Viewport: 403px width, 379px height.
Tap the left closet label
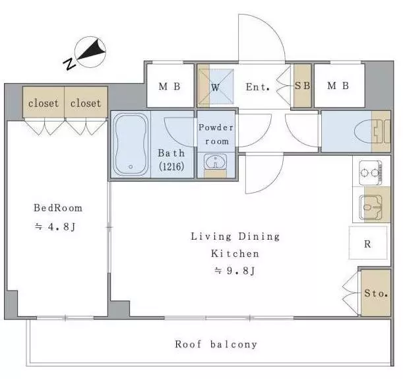coord(44,103)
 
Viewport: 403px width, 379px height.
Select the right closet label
coord(86,103)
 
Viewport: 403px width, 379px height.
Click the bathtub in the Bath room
coord(131,145)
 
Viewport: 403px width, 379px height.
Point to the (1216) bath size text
coord(171,166)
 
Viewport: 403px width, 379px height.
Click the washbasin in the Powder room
coord(216,162)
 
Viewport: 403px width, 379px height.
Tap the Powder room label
coord(216,134)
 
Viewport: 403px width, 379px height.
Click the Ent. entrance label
coord(258,87)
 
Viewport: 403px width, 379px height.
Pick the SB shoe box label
coord(302,85)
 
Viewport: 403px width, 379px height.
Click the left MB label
coord(170,86)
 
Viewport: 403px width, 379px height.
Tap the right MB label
coord(338,85)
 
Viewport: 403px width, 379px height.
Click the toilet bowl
coord(363,132)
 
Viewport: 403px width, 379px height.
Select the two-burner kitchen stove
coord(371,172)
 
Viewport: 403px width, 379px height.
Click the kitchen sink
coord(371,207)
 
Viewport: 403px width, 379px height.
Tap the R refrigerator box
coord(368,243)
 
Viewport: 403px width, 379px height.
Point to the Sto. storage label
coord(376,293)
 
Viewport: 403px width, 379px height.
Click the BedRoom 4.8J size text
coord(55,226)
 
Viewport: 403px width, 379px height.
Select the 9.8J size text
coord(235,271)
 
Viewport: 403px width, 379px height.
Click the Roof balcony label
coord(216,344)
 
